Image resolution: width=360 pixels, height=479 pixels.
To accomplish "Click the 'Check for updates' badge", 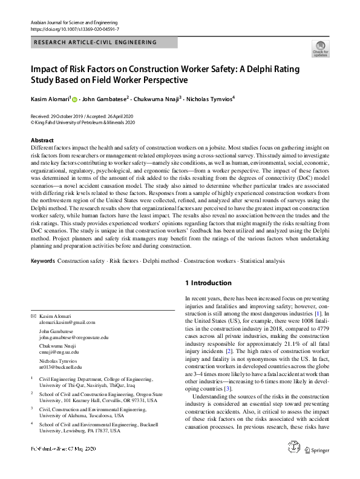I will click(x=319, y=49).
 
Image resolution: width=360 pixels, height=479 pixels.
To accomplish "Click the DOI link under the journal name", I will click(x=74, y=28).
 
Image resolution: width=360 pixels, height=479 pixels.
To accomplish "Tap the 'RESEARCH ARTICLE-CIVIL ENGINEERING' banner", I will click(x=95, y=42).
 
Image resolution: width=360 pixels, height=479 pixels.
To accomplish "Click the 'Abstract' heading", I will click(x=42, y=140).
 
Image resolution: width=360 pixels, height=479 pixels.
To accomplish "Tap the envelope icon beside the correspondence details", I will click(x=33, y=317).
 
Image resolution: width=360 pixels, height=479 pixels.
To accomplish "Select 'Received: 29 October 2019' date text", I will click(x=58, y=116).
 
